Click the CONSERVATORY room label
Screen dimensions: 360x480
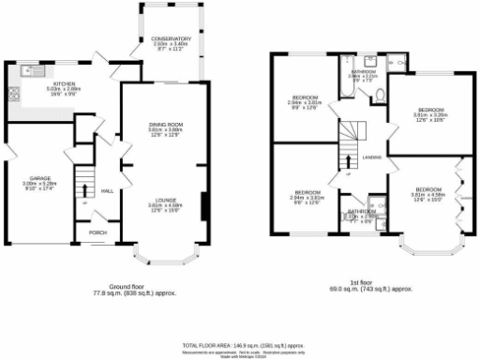172,37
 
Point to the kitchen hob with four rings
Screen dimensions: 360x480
13,93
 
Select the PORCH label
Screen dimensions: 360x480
97,232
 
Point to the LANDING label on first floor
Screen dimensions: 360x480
370,157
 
